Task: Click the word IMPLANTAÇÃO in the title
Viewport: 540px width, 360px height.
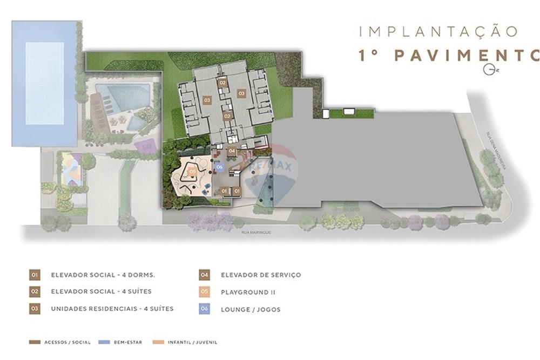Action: [438, 31]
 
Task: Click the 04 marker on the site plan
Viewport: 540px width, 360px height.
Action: [232, 151]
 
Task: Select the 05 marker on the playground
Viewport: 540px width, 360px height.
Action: [193, 172]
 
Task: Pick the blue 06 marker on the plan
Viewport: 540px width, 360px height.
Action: [219, 167]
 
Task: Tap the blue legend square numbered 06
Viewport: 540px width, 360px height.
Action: [204, 309]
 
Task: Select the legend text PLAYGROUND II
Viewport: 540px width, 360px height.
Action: [245, 292]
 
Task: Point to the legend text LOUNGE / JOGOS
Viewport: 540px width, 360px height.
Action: [251, 309]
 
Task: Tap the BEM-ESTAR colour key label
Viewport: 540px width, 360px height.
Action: [127, 342]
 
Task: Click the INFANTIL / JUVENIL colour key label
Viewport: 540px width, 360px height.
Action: [193, 342]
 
